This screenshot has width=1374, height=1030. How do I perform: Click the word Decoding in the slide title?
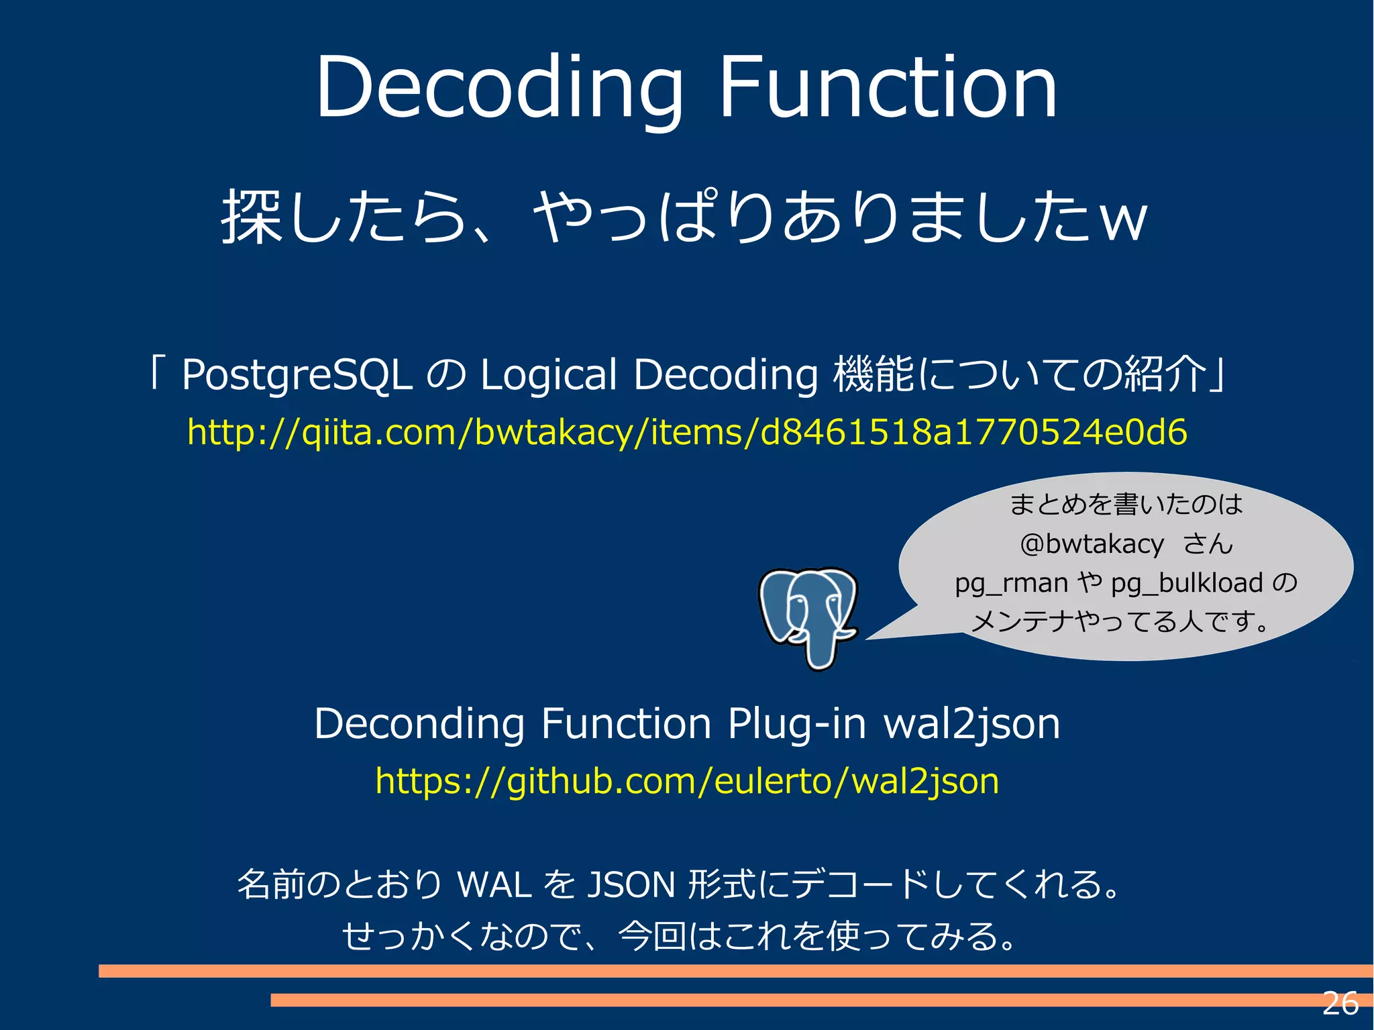(x=499, y=89)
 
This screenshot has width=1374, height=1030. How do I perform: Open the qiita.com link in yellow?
(x=687, y=431)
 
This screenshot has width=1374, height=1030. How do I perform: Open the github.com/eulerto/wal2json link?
(x=687, y=781)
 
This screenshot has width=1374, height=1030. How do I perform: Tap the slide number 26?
(x=1340, y=1004)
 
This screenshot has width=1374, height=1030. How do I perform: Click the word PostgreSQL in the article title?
(x=297, y=374)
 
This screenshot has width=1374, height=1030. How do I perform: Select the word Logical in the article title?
(x=548, y=374)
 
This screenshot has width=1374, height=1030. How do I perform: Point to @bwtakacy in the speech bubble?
(x=1092, y=544)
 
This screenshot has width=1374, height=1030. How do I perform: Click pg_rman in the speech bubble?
(x=1011, y=583)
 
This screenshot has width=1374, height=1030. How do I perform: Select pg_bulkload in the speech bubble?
(x=1187, y=583)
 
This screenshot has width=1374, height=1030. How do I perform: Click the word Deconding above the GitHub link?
(x=419, y=724)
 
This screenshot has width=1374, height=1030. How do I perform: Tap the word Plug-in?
(x=796, y=724)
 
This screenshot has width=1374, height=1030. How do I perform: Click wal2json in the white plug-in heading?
(x=971, y=724)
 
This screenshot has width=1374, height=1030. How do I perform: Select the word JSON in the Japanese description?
(x=631, y=884)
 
